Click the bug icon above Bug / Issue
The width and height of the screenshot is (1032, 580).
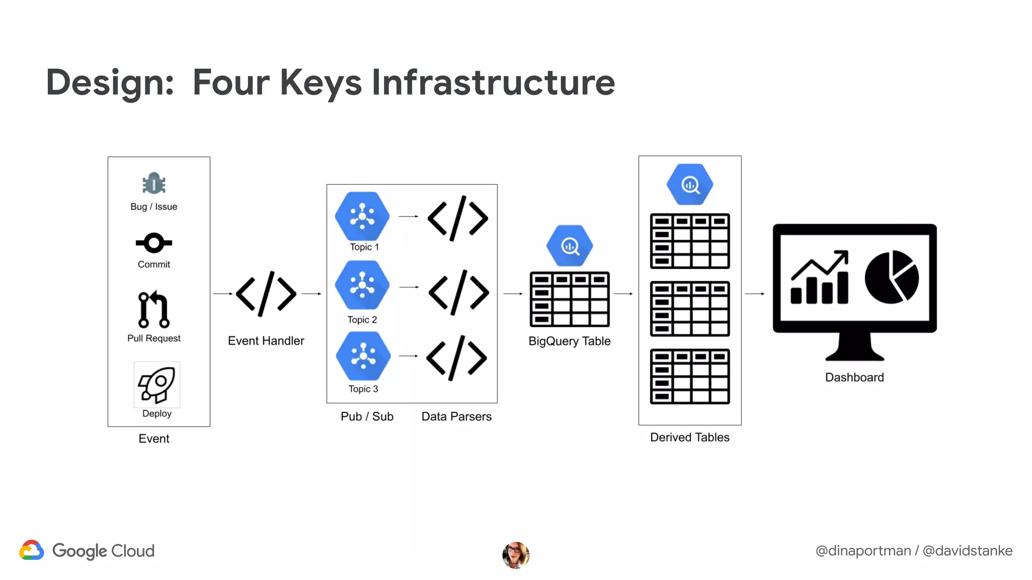[154, 184]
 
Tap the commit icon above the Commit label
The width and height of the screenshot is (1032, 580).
[154, 243]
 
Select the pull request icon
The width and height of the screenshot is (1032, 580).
[154, 309]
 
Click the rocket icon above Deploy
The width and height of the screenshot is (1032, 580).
[157, 384]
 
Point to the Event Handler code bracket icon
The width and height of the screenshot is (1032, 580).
[266, 294]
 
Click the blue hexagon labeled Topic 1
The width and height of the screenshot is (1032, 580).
[362, 216]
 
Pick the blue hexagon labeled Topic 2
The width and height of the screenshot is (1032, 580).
[362, 285]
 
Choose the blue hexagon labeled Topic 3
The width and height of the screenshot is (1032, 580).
[363, 356]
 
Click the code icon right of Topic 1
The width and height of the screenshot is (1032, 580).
[458, 218]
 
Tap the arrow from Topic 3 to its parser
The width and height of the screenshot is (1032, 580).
[408, 356]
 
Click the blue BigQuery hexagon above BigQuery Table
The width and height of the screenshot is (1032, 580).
[569, 246]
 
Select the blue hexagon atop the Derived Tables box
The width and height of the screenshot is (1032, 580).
[690, 184]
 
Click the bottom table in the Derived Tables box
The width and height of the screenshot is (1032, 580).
[690, 376]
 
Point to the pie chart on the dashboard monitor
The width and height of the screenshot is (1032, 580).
[891, 277]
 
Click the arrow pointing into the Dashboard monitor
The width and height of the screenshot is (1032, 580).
[755, 294]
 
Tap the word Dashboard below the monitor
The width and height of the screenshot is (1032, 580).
[854, 378]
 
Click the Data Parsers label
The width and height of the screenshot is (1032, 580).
[456, 417]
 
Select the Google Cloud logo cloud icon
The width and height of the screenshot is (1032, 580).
[32, 550]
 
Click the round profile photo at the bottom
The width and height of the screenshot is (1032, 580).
[515, 555]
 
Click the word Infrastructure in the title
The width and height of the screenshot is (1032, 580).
[493, 82]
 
